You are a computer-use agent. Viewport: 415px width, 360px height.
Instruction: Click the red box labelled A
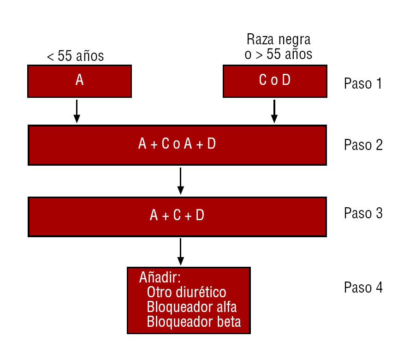pos(79,81)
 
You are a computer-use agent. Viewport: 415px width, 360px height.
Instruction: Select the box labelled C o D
pos(275,81)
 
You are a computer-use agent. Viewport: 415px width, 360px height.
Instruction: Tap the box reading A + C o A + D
pos(178,145)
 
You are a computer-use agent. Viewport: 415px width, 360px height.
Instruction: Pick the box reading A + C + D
pos(178,216)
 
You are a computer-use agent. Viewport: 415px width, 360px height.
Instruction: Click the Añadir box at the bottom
pos(189,300)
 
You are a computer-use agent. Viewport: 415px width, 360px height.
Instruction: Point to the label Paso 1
pos(363,84)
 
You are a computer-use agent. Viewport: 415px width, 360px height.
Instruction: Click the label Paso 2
pos(363,145)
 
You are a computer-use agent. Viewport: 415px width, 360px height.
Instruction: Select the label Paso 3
pos(363,213)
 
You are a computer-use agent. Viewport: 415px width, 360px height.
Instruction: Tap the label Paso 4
pos(363,288)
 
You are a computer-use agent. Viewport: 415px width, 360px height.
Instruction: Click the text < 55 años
pos(76,56)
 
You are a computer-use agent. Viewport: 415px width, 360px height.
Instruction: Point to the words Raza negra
pos(279,40)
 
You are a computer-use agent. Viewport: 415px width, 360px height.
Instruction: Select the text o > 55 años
pos(279,54)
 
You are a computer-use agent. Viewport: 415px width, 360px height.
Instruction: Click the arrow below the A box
pos(77,111)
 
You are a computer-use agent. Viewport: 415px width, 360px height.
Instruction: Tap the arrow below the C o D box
pos(274,111)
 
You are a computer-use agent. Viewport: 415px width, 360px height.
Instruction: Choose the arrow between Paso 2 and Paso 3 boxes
pos(180,181)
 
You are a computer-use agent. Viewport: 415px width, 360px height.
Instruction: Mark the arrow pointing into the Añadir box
pos(180,252)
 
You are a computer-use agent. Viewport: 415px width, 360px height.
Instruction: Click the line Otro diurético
pos(187,292)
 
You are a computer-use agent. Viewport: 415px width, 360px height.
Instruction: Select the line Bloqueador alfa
pos(192,307)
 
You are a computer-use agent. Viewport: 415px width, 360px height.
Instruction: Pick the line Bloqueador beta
pos(194,322)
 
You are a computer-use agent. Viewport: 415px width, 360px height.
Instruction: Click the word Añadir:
pos(160,277)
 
